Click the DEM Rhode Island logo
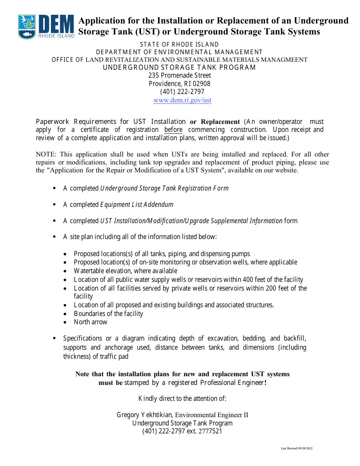click(x=46, y=27)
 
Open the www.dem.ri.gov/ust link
click(x=182, y=100)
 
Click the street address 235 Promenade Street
click(x=180, y=75)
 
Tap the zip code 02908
click(x=202, y=84)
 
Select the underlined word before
click(x=173, y=130)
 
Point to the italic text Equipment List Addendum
click(x=136, y=205)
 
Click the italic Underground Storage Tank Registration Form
click(x=164, y=188)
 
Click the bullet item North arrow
click(x=91, y=322)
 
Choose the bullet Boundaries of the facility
click(x=108, y=314)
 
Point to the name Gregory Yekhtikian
click(x=145, y=415)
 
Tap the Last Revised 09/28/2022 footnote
click(x=296, y=448)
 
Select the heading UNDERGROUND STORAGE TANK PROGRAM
click(x=179, y=67)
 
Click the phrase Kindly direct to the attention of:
click(x=182, y=398)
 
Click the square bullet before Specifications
click(x=55, y=338)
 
